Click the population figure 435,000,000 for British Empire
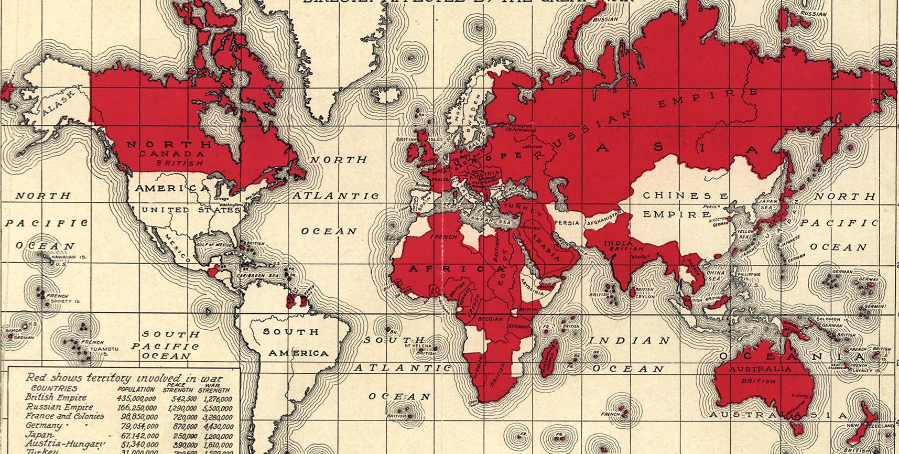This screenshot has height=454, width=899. (x=137, y=398)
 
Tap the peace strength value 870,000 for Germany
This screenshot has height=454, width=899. (x=184, y=427)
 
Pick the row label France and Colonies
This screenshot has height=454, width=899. (x=64, y=416)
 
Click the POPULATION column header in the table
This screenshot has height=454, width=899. (x=136, y=390)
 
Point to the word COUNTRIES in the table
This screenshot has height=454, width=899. (x=53, y=388)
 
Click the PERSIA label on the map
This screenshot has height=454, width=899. (x=567, y=223)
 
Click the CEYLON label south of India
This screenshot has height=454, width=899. (x=645, y=297)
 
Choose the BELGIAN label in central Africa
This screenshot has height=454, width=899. (x=490, y=319)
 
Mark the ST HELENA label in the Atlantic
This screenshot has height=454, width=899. (x=417, y=346)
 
